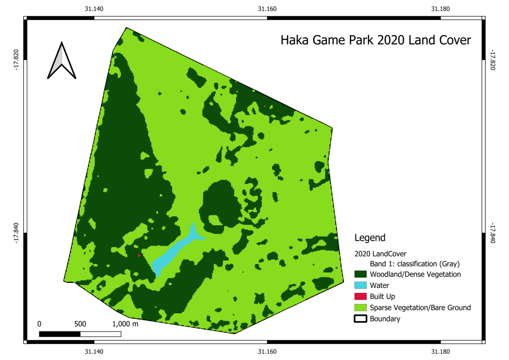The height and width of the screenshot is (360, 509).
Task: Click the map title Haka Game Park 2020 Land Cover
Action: point(375,40)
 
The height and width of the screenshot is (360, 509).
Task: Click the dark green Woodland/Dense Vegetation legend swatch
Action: point(360,274)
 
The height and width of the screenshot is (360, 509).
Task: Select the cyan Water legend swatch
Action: point(360,285)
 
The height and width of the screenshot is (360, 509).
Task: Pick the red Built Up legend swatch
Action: point(360,296)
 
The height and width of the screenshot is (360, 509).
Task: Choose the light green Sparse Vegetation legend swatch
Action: point(360,308)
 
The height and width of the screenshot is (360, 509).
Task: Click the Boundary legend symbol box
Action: point(360,319)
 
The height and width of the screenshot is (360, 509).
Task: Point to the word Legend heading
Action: point(370,238)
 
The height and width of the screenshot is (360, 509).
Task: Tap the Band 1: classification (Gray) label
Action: point(414,263)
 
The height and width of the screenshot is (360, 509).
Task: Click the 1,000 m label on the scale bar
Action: point(125,324)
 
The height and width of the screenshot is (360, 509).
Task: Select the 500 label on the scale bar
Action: point(80,324)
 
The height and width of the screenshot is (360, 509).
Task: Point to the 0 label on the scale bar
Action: point(39,324)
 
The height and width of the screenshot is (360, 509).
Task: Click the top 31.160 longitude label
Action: point(267,8)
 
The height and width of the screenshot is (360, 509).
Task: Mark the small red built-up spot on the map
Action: point(139,255)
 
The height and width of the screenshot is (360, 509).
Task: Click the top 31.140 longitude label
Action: point(94,8)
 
